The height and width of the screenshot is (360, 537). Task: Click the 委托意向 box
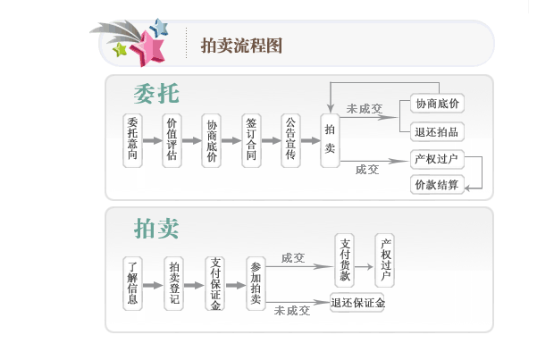pyautogui.click(x=132, y=141)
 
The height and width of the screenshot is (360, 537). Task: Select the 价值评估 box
pyautogui.click(x=172, y=141)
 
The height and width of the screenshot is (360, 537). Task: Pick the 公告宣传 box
pyautogui.click(x=290, y=141)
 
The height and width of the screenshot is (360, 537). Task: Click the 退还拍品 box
pyautogui.click(x=438, y=131)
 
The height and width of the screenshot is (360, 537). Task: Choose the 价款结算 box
pyautogui.click(x=438, y=185)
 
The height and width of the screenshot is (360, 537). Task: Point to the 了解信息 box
pyautogui.click(x=132, y=282)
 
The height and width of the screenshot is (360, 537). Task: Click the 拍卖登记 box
pyautogui.click(x=175, y=282)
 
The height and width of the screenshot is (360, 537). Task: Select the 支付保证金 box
pyautogui.click(x=214, y=283)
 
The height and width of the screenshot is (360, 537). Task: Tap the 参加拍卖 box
pyautogui.click(x=256, y=283)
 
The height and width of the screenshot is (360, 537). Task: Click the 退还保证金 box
pyautogui.click(x=359, y=303)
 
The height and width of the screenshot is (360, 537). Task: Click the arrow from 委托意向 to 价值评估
pyautogui.click(x=152, y=141)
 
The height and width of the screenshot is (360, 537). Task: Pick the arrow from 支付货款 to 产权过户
pyautogui.click(x=365, y=265)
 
